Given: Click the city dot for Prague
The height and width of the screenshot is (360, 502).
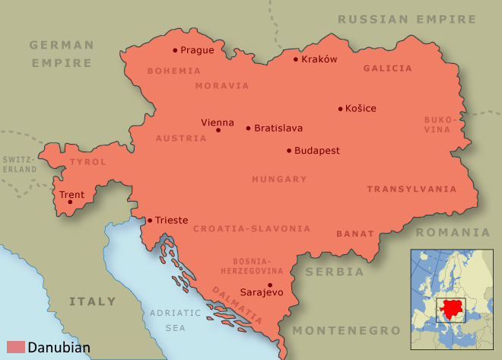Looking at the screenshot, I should [x=175, y=50].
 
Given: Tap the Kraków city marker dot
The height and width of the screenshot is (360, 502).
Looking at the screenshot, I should [x=296, y=59].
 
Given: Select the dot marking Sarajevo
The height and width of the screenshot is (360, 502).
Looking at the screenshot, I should [x=270, y=285].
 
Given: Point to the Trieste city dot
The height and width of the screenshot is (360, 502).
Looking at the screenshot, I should [x=149, y=220].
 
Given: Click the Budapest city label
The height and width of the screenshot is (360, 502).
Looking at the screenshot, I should [x=317, y=151].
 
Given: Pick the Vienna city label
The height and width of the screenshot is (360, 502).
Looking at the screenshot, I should [x=218, y=122].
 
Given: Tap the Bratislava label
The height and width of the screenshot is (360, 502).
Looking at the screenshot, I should [x=278, y=128].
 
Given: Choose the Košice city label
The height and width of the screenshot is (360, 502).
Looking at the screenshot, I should [x=361, y=108].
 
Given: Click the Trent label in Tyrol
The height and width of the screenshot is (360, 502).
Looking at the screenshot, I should [x=71, y=195].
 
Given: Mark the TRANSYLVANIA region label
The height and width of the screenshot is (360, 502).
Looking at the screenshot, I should [x=411, y=189].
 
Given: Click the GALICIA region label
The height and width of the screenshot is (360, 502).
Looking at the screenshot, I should [x=387, y=68].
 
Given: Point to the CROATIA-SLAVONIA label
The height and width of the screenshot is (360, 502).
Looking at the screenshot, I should [x=252, y=228].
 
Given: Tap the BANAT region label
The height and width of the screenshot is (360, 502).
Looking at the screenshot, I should [x=355, y=234].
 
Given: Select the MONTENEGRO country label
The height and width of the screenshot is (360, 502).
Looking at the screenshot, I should [x=346, y=330].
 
